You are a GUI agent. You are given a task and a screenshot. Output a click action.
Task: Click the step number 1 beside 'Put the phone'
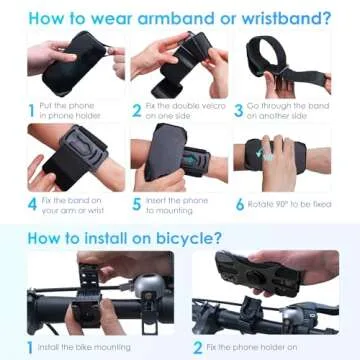(x=31, y=110)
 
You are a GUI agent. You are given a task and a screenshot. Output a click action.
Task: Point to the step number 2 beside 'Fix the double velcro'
(x=136, y=110)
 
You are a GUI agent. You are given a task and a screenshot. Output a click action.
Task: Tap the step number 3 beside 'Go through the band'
(x=239, y=110)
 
